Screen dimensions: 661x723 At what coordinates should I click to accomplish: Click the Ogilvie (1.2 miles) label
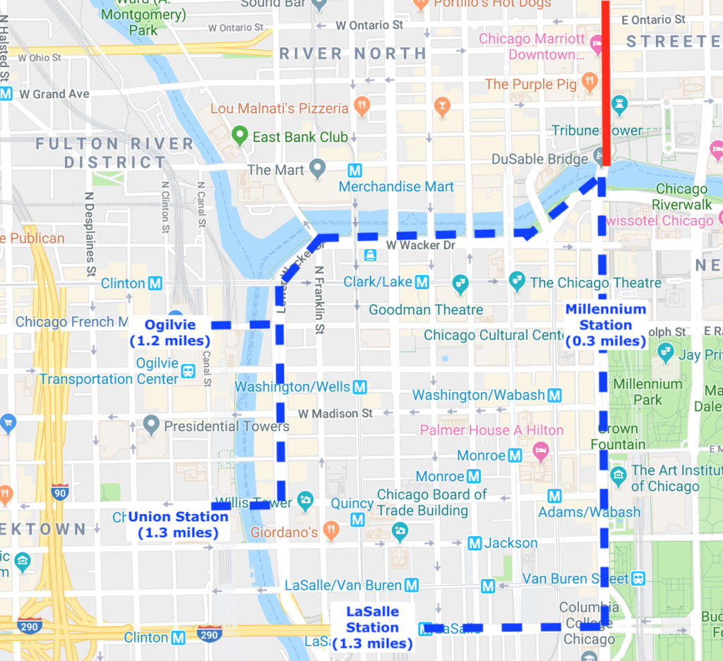[x=170, y=333]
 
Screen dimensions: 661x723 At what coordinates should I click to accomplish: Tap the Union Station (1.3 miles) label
[x=178, y=524]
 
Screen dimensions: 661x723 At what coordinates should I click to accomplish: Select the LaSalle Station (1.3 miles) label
[x=372, y=628]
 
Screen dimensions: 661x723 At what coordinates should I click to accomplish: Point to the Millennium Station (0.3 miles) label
[x=606, y=325]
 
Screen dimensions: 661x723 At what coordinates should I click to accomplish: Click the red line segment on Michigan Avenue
[x=607, y=85]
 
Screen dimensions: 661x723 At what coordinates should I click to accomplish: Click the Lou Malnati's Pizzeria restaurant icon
[x=361, y=108]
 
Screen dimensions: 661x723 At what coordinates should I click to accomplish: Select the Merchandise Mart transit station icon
[x=354, y=171]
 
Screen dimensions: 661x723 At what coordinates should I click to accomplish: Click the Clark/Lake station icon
[x=422, y=282]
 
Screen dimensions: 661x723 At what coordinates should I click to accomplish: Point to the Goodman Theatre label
[x=426, y=310]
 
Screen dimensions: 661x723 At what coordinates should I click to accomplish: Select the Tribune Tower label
[x=597, y=131]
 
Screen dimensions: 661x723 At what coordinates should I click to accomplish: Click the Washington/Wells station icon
[x=359, y=387]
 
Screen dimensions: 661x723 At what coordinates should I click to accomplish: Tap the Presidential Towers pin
[x=150, y=425]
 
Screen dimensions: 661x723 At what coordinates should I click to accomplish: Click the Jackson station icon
[x=474, y=543]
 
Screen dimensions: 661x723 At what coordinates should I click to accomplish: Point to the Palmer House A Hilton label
[x=491, y=430]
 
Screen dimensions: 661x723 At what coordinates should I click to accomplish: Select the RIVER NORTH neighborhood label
[x=353, y=54]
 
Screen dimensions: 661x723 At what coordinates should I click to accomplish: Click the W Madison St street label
[x=335, y=413]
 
